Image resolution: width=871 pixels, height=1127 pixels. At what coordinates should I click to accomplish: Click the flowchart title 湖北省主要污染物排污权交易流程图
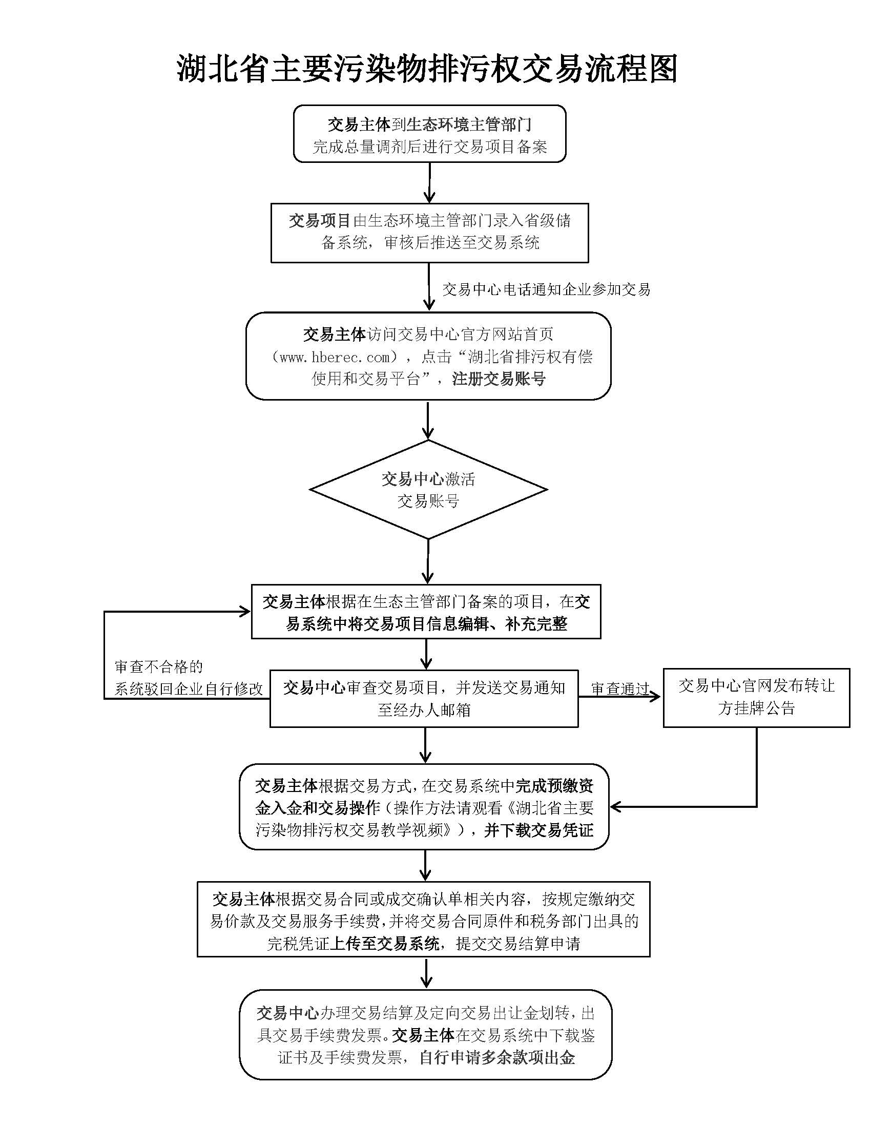click(427, 68)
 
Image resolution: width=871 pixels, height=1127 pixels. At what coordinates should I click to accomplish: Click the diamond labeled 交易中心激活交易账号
click(428, 489)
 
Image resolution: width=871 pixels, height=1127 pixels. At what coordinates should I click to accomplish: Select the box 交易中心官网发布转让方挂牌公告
click(756, 698)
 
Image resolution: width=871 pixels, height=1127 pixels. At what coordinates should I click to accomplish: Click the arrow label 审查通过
click(620, 688)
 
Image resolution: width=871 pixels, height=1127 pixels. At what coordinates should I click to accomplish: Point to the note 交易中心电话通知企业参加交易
click(546, 289)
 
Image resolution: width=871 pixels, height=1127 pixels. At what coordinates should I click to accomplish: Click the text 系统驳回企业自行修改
click(189, 689)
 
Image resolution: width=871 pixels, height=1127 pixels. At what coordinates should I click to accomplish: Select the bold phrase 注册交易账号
click(499, 379)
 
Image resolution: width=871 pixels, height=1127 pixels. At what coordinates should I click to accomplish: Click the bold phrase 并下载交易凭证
click(538, 830)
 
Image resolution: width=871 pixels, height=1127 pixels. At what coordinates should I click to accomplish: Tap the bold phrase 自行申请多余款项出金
click(497, 1058)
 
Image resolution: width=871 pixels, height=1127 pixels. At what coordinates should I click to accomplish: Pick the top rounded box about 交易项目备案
click(430, 134)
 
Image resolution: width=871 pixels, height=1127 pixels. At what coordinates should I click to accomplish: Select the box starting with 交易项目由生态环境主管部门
click(430, 233)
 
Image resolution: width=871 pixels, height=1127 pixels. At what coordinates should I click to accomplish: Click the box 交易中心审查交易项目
click(424, 699)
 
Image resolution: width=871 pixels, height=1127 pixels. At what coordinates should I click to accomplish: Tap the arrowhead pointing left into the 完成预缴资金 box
click(615, 806)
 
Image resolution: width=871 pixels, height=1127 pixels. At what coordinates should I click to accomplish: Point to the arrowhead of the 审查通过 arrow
click(655, 697)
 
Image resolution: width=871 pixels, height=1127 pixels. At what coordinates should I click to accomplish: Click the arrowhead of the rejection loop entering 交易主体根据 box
click(244, 612)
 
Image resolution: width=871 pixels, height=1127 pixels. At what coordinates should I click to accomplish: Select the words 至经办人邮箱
click(424, 711)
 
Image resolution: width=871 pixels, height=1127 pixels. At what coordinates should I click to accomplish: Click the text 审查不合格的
click(159, 666)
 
